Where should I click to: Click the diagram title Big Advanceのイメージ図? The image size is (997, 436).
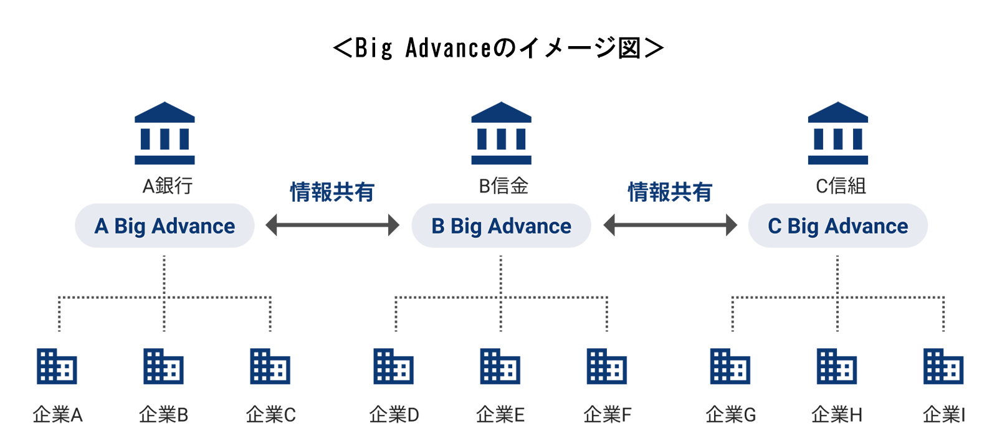pyautogui.click(x=499, y=48)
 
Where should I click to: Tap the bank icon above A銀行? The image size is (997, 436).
pyautogui.click(x=165, y=133)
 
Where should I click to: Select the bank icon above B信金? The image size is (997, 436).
pyautogui.click(x=501, y=133)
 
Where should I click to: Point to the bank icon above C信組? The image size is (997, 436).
pyautogui.click(x=837, y=133)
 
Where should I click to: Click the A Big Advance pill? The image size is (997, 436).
pyautogui.click(x=165, y=225)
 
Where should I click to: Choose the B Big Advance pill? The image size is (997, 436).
pyautogui.click(x=501, y=225)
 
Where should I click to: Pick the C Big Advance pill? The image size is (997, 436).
pyautogui.click(x=837, y=225)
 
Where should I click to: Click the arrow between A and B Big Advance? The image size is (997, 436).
pyautogui.click(x=332, y=225)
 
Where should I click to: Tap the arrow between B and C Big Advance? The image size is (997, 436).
pyautogui.click(x=670, y=225)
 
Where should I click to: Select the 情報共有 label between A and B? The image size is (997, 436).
pyautogui.click(x=332, y=192)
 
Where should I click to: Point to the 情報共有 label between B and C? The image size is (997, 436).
pyautogui.click(x=670, y=192)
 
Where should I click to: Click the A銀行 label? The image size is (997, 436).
pyautogui.click(x=168, y=186)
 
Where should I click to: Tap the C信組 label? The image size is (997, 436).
pyautogui.click(x=841, y=186)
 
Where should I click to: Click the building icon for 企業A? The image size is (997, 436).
pyautogui.click(x=57, y=366)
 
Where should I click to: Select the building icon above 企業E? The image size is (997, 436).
pyautogui.click(x=500, y=366)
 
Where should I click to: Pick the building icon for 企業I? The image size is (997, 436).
pyautogui.click(x=943, y=366)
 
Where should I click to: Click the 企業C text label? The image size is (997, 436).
pyautogui.click(x=270, y=414)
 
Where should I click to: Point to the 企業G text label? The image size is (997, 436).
pyautogui.click(x=730, y=414)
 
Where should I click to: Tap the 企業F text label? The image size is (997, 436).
pyautogui.click(x=607, y=414)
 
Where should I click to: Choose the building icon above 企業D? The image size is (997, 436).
pyautogui.click(x=394, y=366)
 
